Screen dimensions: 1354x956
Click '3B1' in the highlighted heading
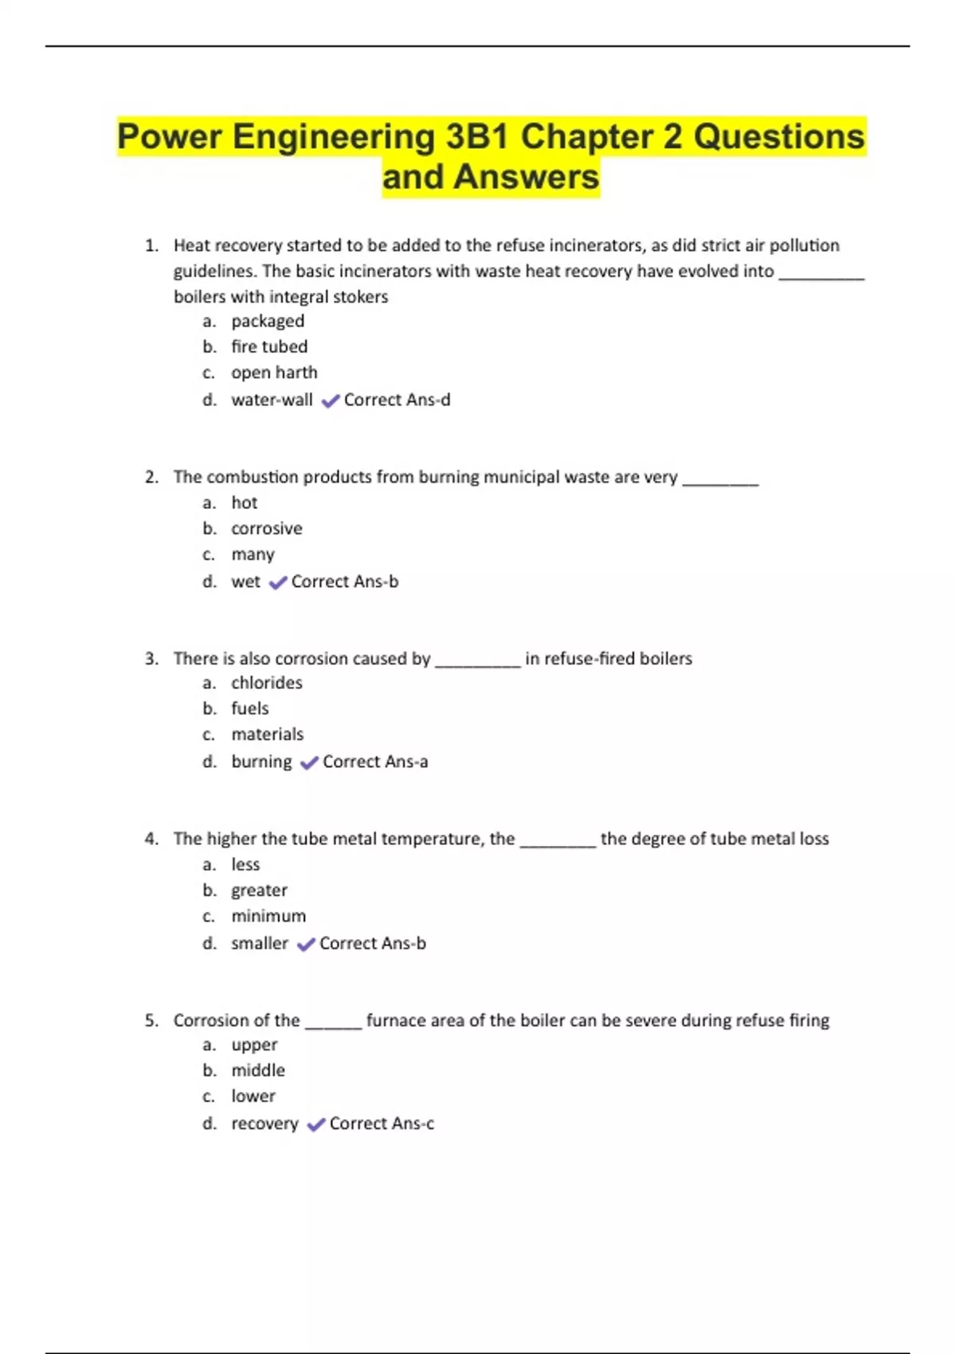(x=476, y=136)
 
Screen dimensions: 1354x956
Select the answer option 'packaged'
(x=268, y=321)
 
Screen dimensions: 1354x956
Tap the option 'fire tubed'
(x=269, y=346)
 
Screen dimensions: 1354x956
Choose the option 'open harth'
(x=274, y=373)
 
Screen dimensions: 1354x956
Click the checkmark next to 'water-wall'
(x=330, y=401)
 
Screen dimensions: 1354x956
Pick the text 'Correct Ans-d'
(x=397, y=400)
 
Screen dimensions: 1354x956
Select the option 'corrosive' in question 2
(x=267, y=529)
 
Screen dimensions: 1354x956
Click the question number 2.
(x=151, y=477)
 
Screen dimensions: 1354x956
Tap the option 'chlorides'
(x=267, y=683)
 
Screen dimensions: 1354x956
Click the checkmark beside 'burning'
(x=309, y=763)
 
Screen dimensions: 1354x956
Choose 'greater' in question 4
(x=259, y=890)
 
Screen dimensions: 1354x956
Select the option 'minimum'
(x=268, y=916)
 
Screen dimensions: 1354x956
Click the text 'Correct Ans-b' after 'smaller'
(x=372, y=943)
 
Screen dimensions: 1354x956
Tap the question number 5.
(x=151, y=1020)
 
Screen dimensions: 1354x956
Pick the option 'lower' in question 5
(x=253, y=1096)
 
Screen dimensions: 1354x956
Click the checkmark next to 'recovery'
(x=315, y=1125)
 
